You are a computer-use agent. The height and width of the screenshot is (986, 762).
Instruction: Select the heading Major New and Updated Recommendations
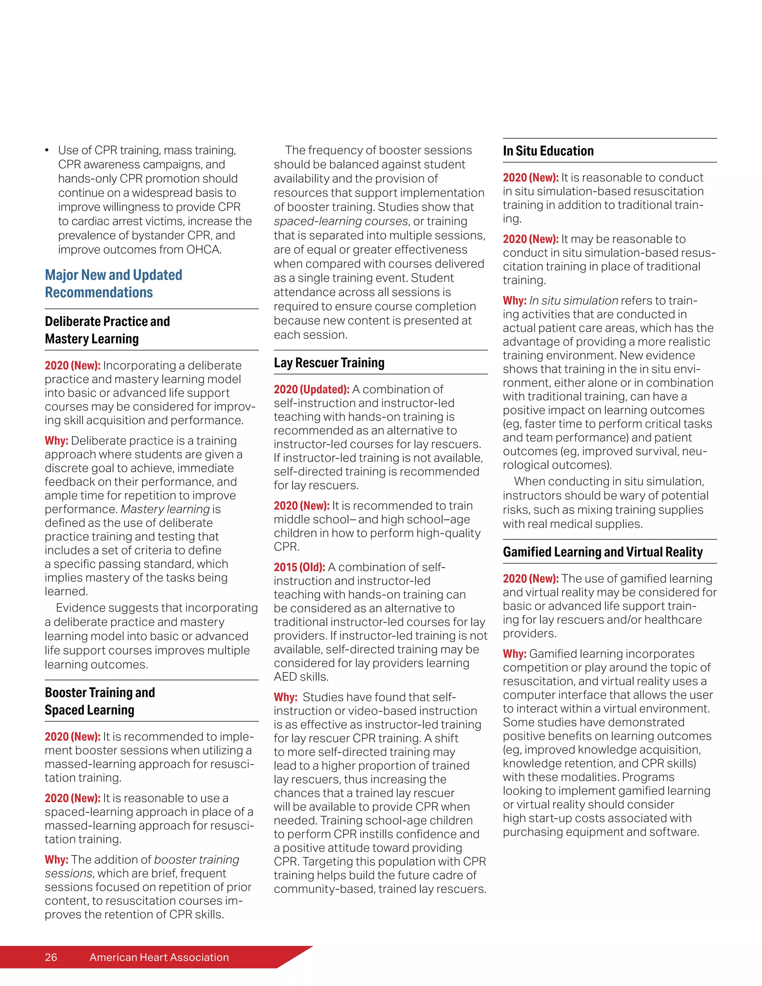tap(113, 284)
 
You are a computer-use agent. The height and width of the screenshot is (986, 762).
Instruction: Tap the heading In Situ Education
tap(548, 151)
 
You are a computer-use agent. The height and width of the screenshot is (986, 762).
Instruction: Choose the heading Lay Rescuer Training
tap(329, 362)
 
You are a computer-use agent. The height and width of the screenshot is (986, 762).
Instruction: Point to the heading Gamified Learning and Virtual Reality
tap(603, 552)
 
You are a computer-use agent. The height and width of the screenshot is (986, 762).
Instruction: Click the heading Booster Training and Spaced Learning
tap(100, 701)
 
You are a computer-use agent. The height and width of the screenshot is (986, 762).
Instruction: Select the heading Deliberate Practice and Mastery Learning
tap(108, 330)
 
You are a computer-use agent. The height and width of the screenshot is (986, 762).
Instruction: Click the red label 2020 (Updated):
tap(311, 389)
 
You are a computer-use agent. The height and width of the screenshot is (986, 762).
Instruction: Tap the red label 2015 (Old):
tap(299, 567)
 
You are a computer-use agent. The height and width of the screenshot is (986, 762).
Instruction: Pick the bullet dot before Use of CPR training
tap(47, 150)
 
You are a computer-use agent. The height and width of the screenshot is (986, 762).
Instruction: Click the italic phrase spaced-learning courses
tap(341, 221)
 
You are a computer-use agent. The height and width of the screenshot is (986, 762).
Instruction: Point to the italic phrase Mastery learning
tap(165, 509)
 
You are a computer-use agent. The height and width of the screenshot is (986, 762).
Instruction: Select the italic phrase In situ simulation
tap(573, 301)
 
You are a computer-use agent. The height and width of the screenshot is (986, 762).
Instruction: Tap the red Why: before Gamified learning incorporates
tap(515, 654)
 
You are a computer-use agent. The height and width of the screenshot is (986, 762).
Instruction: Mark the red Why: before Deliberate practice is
tap(57, 441)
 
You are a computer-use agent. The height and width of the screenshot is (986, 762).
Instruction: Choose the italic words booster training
tap(197, 859)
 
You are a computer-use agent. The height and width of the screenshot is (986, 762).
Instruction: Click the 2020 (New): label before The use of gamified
tap(531, 579)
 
